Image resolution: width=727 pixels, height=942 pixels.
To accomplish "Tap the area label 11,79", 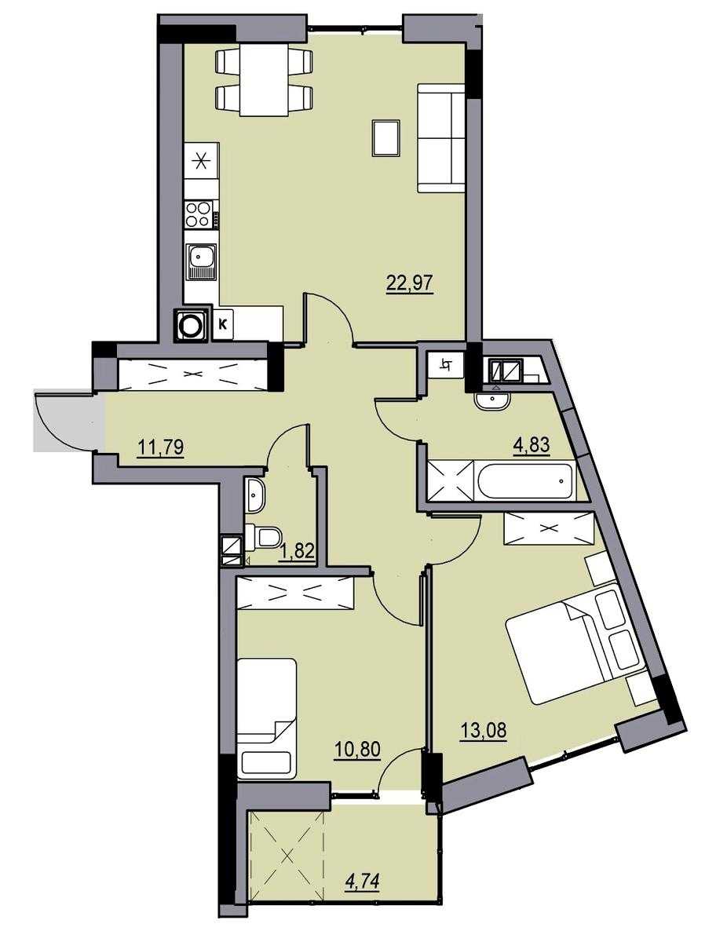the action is pyautogui.click(x=160, y=447).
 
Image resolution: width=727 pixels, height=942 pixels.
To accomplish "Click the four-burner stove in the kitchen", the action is pyautogui.click(x=199, y=215).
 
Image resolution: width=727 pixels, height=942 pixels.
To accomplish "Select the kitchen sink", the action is pyautogui.click(x=201, y=262).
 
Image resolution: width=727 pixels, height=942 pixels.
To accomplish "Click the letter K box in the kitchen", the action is pyautogui.click(x=223, y=324).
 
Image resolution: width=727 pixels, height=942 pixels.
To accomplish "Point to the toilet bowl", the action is pyautogui.click(x=263, y=537).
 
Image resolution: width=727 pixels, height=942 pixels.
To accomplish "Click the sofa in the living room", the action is pyautogui.click(x=441, y=138).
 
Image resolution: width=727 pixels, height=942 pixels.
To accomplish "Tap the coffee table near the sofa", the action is pyautogui.click(x=385, y=138).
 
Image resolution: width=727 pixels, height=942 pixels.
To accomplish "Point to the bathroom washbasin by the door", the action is pyautogui.click(x=492, y=400).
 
